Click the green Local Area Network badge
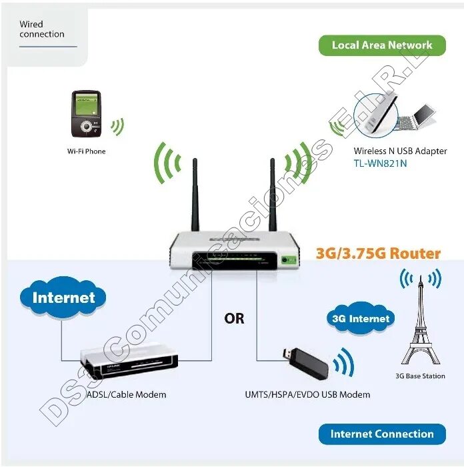point(382,45)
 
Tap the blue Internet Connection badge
point(382,434)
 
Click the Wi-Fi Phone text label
point(86,151)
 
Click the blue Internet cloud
point(63,298)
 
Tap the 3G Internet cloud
point(360,319)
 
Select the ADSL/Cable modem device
point(130,361)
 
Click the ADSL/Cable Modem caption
point(126,394)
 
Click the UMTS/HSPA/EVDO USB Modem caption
point(307,394)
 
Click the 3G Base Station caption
point(420,376)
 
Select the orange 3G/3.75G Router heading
point(378,254)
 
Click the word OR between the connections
point(235,318)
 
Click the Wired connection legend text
point(42,29)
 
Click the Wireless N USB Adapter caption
point(400,151)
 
